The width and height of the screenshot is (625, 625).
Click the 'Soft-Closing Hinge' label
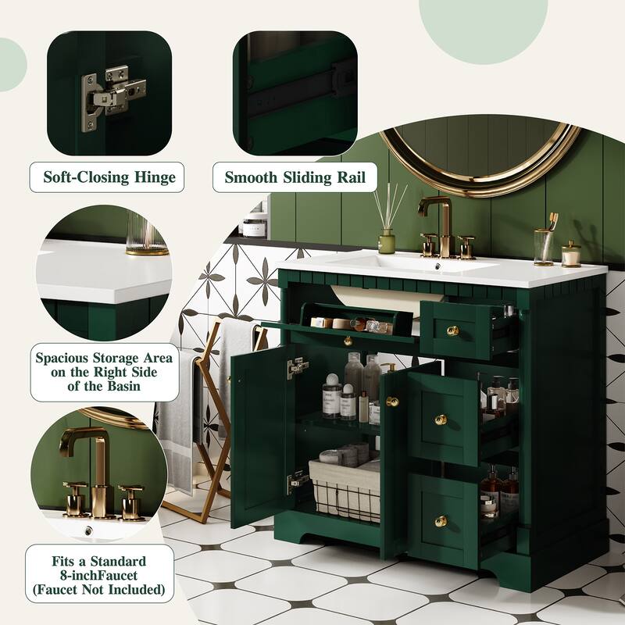[x=108, y=177]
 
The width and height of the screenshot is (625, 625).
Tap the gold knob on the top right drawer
[x=452, y=330]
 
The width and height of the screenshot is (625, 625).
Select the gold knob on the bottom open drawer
[x=441, y=521]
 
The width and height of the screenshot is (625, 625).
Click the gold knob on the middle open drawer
[x=441, y=420]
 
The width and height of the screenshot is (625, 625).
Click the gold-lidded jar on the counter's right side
[x=571, y=254]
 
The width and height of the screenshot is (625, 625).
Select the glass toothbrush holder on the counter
[x=544, y=246]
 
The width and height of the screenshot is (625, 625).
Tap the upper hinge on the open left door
[x=297, y=367]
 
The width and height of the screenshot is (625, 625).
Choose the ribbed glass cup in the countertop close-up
[x=147, y=234]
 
